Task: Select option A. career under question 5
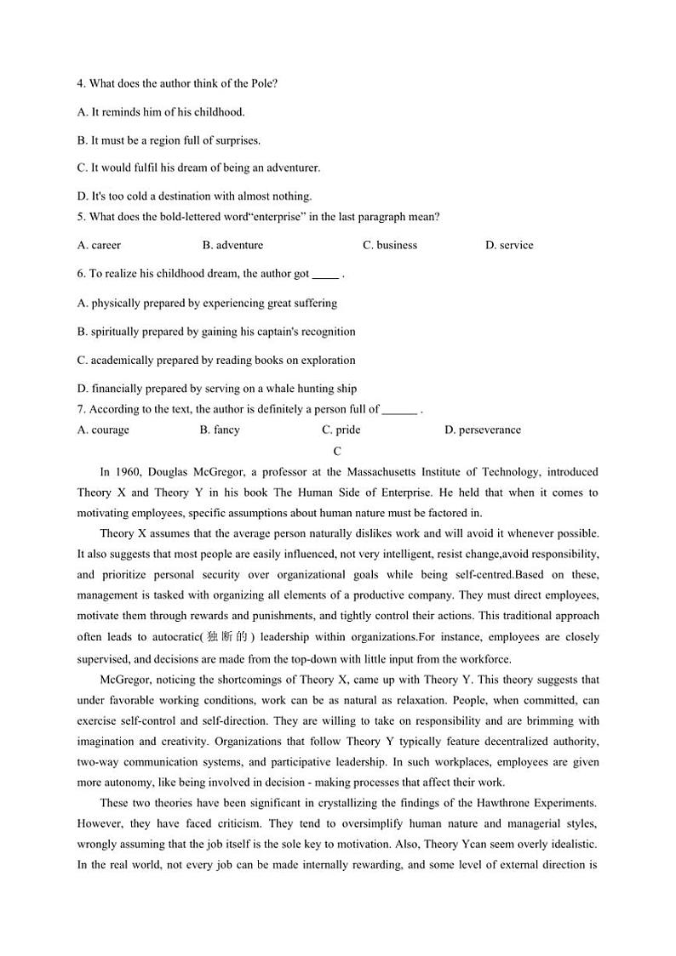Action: [99, 245]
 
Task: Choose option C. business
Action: [390, 245]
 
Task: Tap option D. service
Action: [509, 245]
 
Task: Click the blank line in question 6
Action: [325, 275]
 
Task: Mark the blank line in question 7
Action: [399, 410]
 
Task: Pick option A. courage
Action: [103, 430]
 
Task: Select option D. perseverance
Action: [482, 430]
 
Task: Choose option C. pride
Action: [341, 430]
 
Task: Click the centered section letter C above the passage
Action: [337, 452]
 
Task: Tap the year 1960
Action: [127, 472]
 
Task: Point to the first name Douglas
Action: [170, 472]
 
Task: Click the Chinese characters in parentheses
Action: [224, 637]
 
